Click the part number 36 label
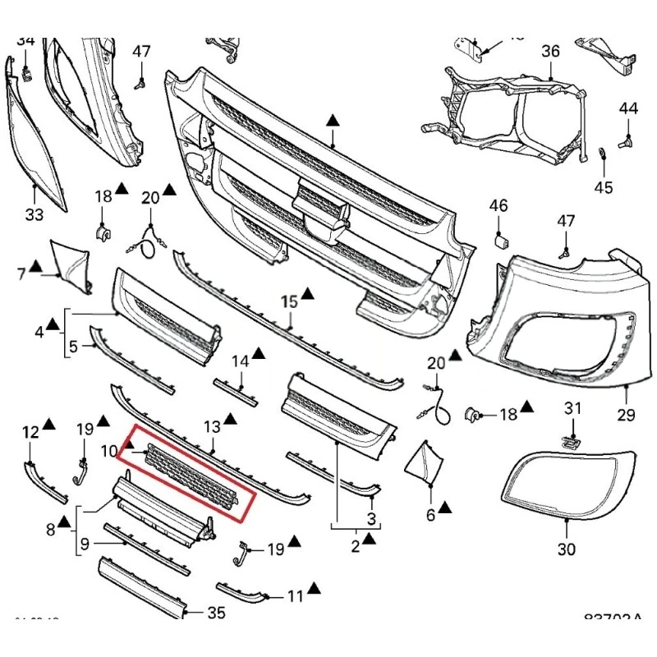tap(549, 51)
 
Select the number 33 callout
tap(34, 216)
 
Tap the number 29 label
tap(626, 415)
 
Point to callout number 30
tap(567, 549)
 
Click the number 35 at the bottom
tap(216, 612)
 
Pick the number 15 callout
tap(289, 302)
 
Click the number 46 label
tap(498, 205)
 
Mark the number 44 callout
tap(628, 108)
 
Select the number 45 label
tap(604, 187)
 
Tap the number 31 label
tap(572, 407)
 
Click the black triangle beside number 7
tap(35, 265)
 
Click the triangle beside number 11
tap(315, 589)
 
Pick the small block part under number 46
tap(500, 241)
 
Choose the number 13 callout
tap(212, 426)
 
